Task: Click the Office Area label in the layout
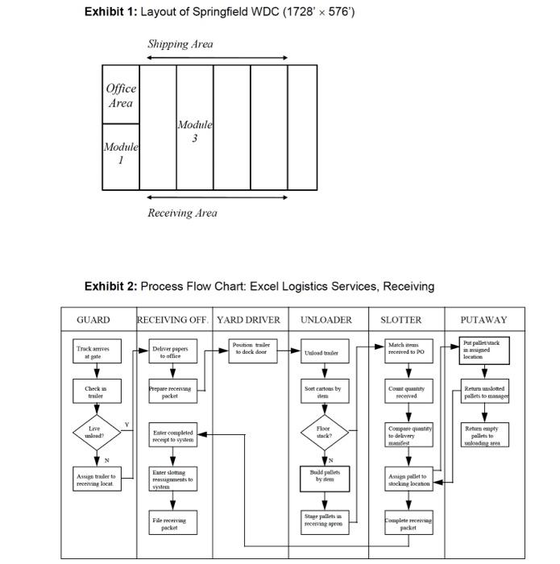121,95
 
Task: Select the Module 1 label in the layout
121,153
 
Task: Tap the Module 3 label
195,131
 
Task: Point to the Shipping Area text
180,44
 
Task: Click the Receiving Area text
182,213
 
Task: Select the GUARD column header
93,320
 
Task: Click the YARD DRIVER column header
248,320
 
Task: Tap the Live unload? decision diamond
96,432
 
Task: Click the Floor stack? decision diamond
324,433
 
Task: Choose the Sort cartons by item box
324,392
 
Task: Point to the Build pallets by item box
324,477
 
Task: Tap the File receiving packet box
170,524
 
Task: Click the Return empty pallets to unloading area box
483,435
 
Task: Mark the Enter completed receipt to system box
172,436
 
